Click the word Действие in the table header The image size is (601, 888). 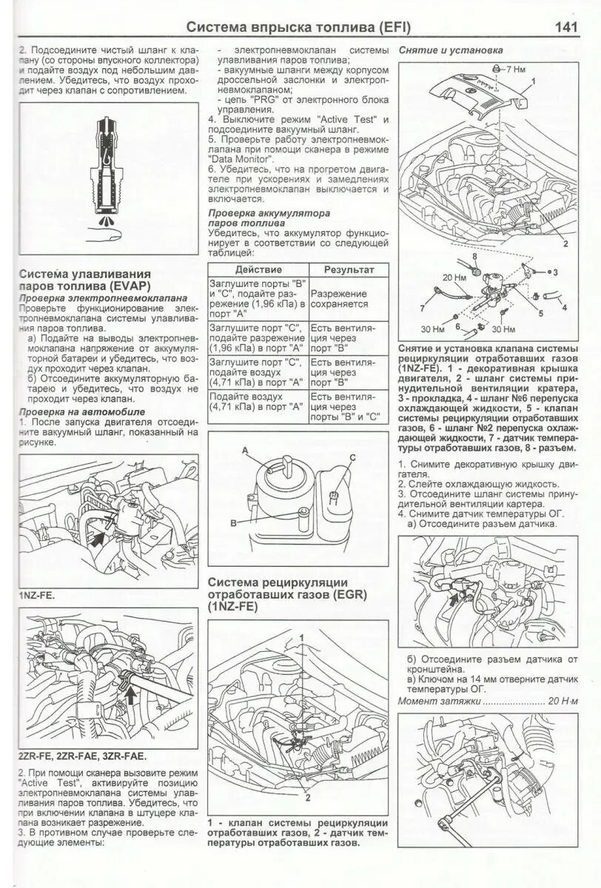pos(258,270)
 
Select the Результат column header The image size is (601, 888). pos(349,270)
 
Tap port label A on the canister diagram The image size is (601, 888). pos(245,451)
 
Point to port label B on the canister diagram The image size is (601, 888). pos(233,522)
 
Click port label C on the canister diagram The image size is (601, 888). pos(352,457)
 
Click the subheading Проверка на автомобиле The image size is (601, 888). pos(81,411)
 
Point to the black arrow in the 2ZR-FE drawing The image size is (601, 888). pos(130,696)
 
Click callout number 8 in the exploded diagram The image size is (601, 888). pos(472,256)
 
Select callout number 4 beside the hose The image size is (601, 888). pos(564,307)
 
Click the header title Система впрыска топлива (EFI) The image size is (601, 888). pos(298,27)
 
